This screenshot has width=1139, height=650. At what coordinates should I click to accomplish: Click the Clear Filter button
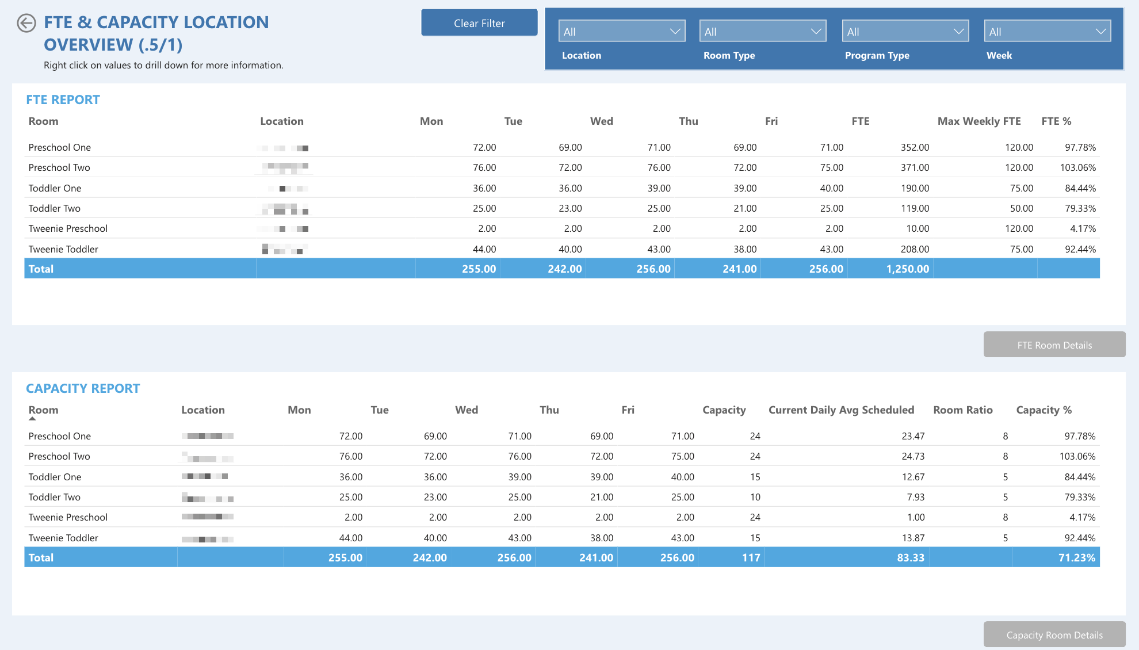pos(479,23)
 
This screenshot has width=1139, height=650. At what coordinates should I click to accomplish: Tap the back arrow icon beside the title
pos(26,23)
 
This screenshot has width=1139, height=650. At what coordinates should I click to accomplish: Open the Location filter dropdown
pos(621,31)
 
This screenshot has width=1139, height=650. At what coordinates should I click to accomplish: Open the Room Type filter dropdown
pos(762,31)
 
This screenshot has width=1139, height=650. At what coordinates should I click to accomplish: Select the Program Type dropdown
pos(905,31)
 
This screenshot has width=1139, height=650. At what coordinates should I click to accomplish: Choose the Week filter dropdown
pos(1047,31)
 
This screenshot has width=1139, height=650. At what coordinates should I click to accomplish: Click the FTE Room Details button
pos(1054,345)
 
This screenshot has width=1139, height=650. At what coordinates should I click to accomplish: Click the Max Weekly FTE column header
pos(979,121)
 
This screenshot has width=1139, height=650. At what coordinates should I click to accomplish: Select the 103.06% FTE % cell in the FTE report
pos(1077,168)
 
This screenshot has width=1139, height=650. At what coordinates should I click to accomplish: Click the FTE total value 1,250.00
pos(907,269)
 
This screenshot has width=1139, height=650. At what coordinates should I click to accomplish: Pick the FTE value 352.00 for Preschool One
pos(915,148)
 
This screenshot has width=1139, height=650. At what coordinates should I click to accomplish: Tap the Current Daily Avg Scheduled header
pos(841,410)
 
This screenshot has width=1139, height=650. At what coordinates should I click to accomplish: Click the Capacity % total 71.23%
pos(1076,558)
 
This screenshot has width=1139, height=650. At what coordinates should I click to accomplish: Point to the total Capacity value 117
pos(751,558)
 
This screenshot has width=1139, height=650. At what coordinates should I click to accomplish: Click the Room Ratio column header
pos(962,410)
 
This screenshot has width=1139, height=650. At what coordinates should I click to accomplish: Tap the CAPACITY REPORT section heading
pos(83,389)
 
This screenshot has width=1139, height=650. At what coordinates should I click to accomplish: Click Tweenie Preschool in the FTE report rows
pos(68,229)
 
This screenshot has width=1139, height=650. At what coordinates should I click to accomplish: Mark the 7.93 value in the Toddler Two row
pos(915,498)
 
